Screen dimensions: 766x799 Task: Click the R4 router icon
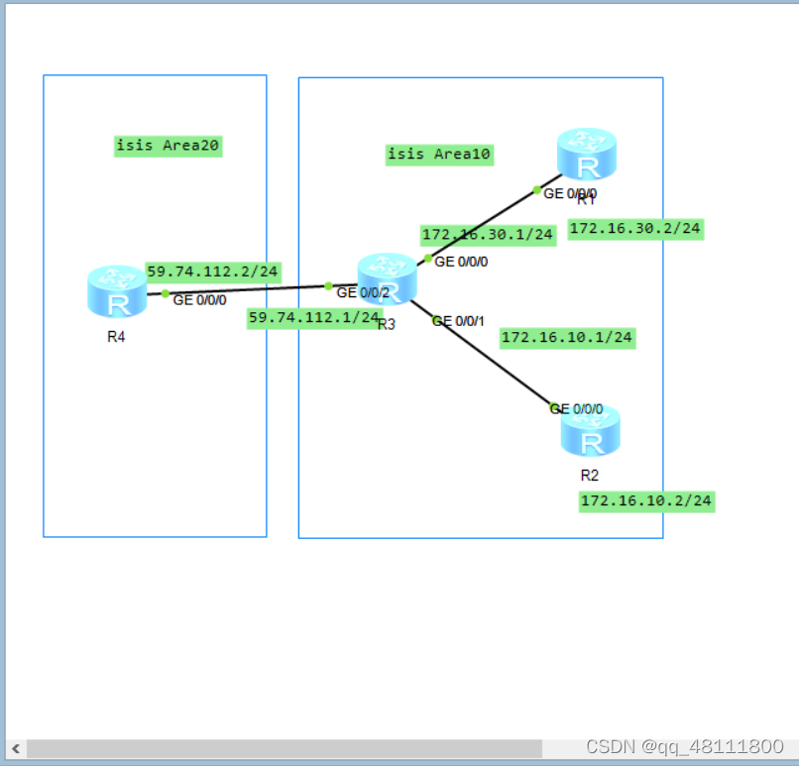pyautogui.click(x=117, y=291)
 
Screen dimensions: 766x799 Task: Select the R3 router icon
pyautogui.click(x=387, y=278)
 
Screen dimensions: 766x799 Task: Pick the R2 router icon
pyautogui.click(x=591, y=433)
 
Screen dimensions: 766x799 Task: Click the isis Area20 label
pyautogui.click(x=168, y=146)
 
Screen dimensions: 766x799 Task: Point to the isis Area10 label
pyautogui.click(x=439, y=154)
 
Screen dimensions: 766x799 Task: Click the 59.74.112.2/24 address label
pyautogui.click(x=213, y=271)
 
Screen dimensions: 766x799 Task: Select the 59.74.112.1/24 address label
pyautogui.click(x=313, y=317)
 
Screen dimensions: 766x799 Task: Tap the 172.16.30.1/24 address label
pyautogui.click(x=488, y=235)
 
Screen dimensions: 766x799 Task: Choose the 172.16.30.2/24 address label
pyautogui.click(x=635, y=228)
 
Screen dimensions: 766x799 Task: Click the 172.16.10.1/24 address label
pyautogui.click(x=567, y=337)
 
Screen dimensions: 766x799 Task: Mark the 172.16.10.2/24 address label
pyautogui.click(x=646, y=500)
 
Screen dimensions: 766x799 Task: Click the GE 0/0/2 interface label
pyautogui.click(x=363, y=292)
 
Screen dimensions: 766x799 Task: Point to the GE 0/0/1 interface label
pyautogui.click(x=458, y=321)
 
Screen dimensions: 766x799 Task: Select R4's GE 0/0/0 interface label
pyautogui.click(x=199, y=299)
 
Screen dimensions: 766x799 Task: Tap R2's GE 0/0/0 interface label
pyautogui.click(x=576, y=408)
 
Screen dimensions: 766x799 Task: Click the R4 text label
pyautogui.click(x=116, y=336)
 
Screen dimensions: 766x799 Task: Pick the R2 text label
pyautogui.click(x=590, y=475)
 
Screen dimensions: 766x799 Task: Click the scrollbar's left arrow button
pyautogui.click(x=16, y=748)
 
